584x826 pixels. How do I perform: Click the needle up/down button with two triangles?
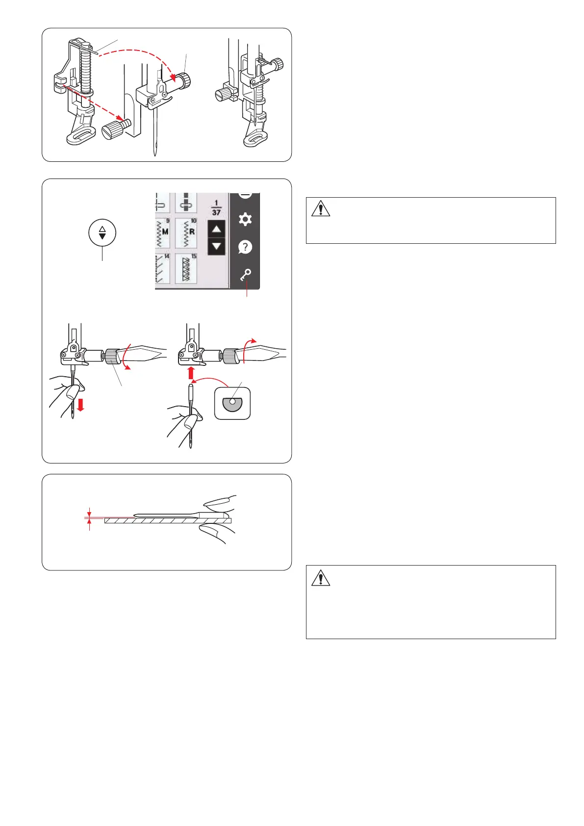[x=102, y=232]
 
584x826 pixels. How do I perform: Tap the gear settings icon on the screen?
[x=245, y=219]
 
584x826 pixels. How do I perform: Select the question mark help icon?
[x=245, y=247]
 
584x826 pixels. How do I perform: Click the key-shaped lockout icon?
[x=245, y=275]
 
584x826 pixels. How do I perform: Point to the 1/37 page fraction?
[x=216, y=208]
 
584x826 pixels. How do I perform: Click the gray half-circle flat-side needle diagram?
[x=232, y=404]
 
